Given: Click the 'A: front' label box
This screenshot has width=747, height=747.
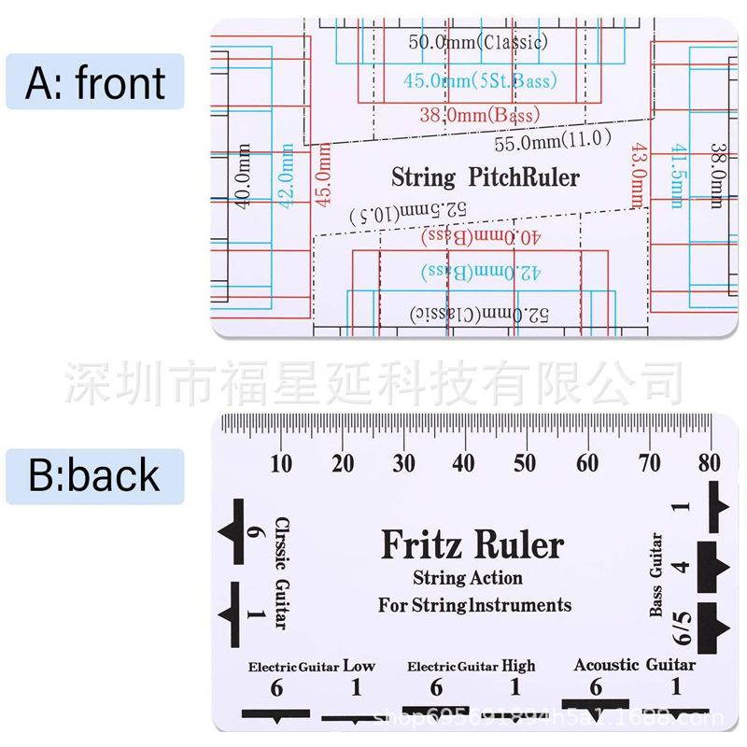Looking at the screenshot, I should tap(95, 83).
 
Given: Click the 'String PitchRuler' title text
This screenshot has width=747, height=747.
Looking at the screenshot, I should tap(485, 177).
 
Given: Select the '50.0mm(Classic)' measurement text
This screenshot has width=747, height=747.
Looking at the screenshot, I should tap(478, 42).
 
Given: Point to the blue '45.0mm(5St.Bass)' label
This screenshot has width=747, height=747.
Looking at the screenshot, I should tap(480, 81).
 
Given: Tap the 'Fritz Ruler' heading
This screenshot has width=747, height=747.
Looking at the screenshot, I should tap(472, 544).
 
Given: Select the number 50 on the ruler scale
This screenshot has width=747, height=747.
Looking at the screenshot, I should tap(526, 463).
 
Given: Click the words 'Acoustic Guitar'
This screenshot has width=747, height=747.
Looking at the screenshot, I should tap(634, 665).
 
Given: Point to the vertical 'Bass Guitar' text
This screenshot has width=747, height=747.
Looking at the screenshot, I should tap(656, 574).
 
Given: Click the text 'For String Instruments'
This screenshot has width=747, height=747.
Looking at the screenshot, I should tap(474, 605).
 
